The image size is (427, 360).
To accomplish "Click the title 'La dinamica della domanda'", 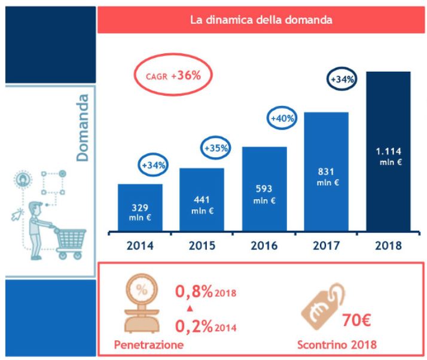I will pyautogui.click(x=261, y=20).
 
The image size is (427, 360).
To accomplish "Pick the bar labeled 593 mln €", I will pyautogui.click(x=264, y=189).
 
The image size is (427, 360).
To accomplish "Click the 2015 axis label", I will pyautogui.click(x=202, y=245).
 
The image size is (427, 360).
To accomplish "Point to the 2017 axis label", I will pyautogui.click(x=326, y=245).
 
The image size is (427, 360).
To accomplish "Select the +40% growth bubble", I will pyautogui.click(x=282, y=118).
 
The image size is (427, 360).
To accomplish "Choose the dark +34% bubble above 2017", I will pyautogui.click(x=343, y=78).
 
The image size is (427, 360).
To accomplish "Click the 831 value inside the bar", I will pyautogui.click(x=326, y=172).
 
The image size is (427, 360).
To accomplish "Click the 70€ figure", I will pyautogui.click(x=358, y=319).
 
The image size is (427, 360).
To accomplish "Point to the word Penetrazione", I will pyautogui.click(x=148, y=345).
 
